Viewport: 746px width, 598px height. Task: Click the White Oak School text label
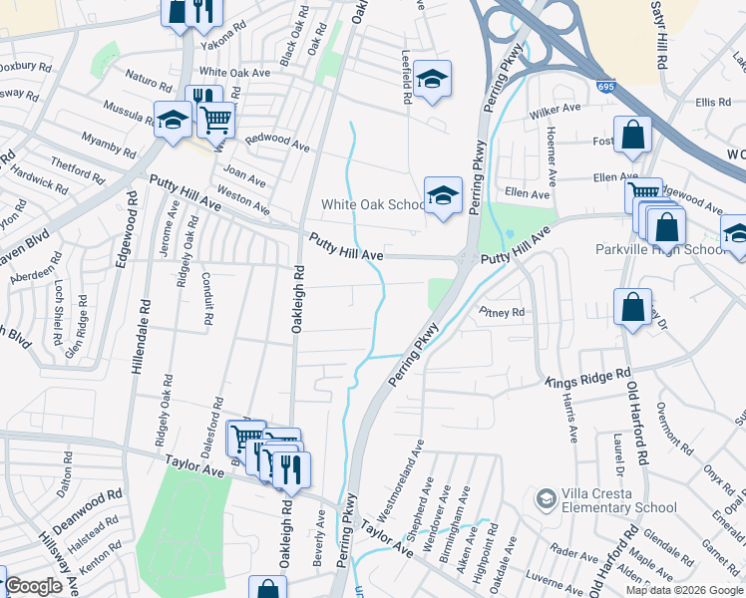coord(374,205)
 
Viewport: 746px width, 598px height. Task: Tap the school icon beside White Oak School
coord(443,195)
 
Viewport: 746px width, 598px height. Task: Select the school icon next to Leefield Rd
coord(432,79)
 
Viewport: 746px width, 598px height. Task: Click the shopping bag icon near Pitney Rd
coord(632,307)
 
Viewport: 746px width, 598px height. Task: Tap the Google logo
coord(34,586)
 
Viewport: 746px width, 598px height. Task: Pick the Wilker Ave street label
coord(555,111)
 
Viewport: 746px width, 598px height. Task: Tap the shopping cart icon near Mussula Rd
coord(215,120)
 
